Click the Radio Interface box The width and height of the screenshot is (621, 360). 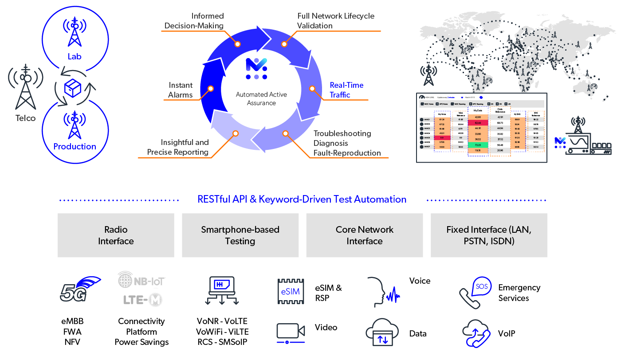[x=116, y=235]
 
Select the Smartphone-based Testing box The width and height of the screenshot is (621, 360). [x=240, y=235]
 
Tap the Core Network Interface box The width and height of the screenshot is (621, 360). [x=364, y=235]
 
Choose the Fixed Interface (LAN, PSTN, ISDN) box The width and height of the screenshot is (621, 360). [x=488, y=235]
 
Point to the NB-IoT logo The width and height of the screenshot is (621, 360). [x=141, y=280]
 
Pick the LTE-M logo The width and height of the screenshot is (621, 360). [x=141, y=300]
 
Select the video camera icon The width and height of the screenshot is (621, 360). [x=291, y=332]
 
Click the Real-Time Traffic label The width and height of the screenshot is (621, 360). [x=346, y=90]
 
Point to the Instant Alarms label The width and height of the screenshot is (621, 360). [x=181, y=90]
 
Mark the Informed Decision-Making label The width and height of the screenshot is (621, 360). [x=194, y=21]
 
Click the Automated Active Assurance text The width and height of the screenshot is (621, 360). [x=261, y=99]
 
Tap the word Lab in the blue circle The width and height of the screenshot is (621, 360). [x=75, y=57]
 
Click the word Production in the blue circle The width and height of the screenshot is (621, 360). [x=75, y=146]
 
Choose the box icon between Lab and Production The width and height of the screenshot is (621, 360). [x=73, y=89]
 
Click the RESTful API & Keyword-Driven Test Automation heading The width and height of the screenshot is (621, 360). [x=302, y=200]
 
